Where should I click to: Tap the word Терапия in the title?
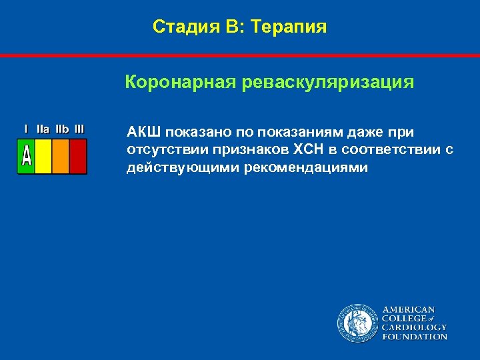(x=291, y=27)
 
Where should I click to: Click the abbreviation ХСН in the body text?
(x=324, y=149)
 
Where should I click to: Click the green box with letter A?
(x=26, y=156)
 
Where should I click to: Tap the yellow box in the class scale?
(x=43, y=156)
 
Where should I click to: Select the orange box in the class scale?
(x=61, y=156)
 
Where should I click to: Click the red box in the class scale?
(x=78, y=156)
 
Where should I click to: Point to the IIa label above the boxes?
(x=43, y=129)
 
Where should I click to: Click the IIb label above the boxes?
(x=61, y=129)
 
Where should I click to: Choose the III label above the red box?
(x=79, y=129)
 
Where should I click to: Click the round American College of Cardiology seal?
(x=357, y=323)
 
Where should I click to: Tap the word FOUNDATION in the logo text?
(x=414, y=337)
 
